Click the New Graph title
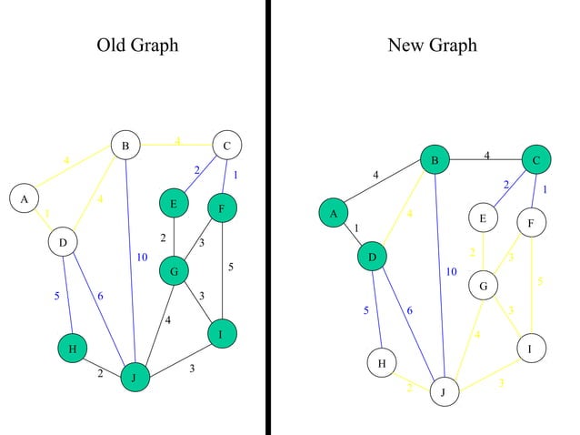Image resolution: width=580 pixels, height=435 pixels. click(x=432, y=46)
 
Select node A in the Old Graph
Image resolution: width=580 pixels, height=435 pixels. click(x=24, y=198)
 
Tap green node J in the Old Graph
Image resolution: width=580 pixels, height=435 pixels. click(x=135, y=377)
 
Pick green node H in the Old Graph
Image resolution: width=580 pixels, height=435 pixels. click(x=72, y=349)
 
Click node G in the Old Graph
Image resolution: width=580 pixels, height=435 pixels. click(x=174, y=270)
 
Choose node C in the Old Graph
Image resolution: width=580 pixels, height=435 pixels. click(x=225, y=145)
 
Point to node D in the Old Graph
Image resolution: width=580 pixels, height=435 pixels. click(x=63, y=242)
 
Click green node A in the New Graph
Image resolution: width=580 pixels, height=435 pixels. click(x=334, y=213)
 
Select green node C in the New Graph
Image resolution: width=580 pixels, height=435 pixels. click(x=536, y=161)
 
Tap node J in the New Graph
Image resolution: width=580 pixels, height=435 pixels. click(x=444, y=392)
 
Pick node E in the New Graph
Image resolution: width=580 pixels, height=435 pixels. click(x=484, y=218)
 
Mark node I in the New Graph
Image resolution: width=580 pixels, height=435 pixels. click(x=531, y=349)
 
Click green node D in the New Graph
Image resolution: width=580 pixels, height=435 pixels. click(x=373, y=258)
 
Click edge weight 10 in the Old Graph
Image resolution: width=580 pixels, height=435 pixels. click(x=142, y=258)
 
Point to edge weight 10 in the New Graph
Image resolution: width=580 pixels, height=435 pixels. click(x=452, y=271)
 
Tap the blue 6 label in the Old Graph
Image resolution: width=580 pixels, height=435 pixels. click(x=100, y=296)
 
